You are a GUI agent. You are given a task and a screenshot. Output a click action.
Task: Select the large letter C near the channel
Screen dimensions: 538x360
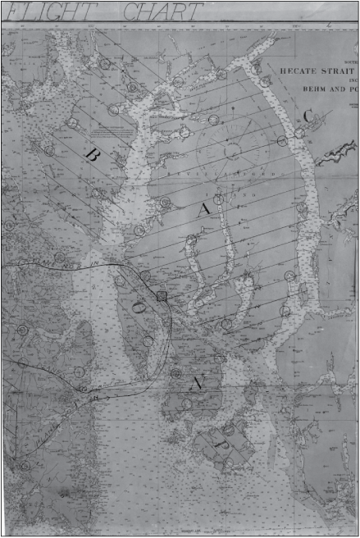pos(307,116)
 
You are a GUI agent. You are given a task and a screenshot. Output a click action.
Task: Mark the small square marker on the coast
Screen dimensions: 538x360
pos(162,296)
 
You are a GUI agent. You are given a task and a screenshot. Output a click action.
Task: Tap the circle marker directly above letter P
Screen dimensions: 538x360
pos(229,429)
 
